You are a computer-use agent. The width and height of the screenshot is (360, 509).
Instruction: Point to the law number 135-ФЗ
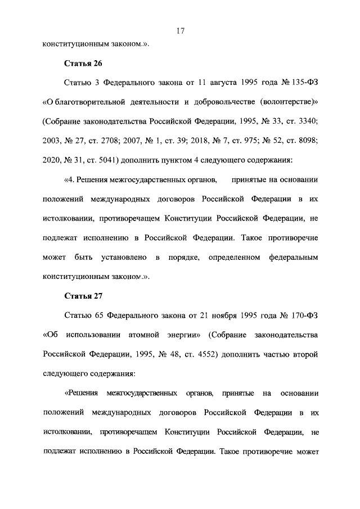pos(303,82)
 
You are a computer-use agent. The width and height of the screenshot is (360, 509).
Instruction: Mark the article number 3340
pos(307,121)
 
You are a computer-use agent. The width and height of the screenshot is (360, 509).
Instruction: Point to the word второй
pos(305,355)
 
